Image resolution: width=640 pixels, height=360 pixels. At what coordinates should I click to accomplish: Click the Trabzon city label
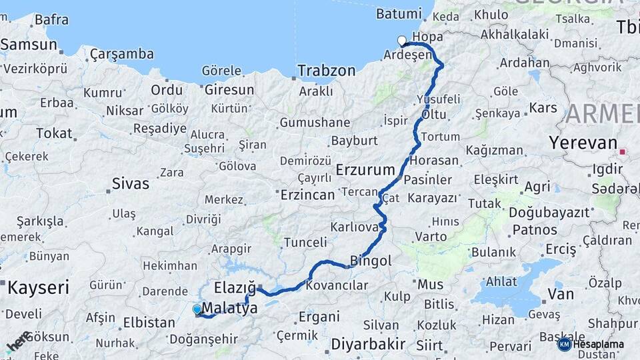pyautogui.click(x=326, y=70)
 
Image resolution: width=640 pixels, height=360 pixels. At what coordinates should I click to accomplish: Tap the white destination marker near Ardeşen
pyautogui.click(x=402, y=41)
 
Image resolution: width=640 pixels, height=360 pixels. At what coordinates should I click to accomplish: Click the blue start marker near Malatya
pyautogui.click(x=197, y=309)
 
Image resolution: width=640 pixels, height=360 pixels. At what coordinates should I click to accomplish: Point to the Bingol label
pyautogui.click(x=371, y=261)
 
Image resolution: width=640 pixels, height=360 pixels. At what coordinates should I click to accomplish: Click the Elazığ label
pyautogui.click(x=235, y=288)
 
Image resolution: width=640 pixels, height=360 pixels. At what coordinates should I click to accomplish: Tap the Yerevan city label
pyautogui.click(x=582, y=143)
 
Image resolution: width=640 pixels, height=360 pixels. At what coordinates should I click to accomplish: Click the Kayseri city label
pyautogui.click(x=38, y=288)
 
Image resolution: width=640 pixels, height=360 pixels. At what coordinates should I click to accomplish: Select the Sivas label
pyautogui.click(x=131, y=183)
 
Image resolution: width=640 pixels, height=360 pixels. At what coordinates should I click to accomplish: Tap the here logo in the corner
pyautogui.click(x=17, y=342)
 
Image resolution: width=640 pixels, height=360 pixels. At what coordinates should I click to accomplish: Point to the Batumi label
pyautogui.click(x=399, y=13)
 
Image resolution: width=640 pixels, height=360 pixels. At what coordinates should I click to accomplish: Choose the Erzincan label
pyautogui.click(x=307, y=195)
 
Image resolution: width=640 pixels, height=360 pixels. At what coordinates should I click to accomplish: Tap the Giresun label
pyautogui.click(x=229, y=89)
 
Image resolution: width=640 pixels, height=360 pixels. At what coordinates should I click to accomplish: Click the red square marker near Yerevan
pyautogui.click(x=623, y=152)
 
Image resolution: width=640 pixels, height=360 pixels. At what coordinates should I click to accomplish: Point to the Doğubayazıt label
pyautogui.click(x=549, y=213)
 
